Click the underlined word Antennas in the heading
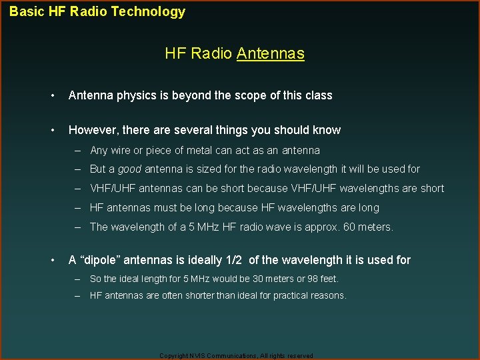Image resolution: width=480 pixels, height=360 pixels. coord(270,53)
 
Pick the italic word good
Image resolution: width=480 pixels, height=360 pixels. coord(129,169)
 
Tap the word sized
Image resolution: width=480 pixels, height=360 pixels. coord(203,169)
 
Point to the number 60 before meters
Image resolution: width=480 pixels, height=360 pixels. coord(349,227)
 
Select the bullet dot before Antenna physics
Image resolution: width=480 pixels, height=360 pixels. coord(52,95)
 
